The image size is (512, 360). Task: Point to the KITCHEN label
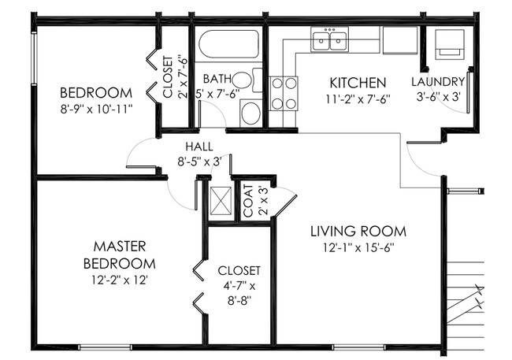(357, 83)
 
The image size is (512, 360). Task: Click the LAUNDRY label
(439, 82)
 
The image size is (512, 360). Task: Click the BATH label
(217, 80)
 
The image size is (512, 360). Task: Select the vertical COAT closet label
(247, 201)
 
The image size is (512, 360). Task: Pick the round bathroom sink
(250, 113)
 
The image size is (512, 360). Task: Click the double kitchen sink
(331, 39)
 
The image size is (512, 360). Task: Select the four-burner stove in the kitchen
(284, 93)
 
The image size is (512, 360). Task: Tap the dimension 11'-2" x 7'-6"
(357, 99)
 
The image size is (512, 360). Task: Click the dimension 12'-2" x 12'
(120, 279)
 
